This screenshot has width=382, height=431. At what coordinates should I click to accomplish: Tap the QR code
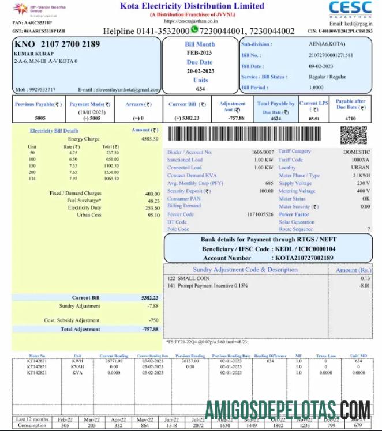pos(353,135)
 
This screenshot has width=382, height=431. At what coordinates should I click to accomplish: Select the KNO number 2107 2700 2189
pos(57,44)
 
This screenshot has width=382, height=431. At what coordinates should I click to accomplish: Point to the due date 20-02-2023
pos(200,71)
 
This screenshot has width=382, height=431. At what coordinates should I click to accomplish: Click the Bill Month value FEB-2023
pos(200,52)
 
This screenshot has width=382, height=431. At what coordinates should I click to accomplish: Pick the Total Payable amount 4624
pos(276,118)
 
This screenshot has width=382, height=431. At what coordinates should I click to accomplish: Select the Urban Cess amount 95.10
pos(153,215)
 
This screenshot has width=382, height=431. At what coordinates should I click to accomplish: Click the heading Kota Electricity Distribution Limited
pos(192,6)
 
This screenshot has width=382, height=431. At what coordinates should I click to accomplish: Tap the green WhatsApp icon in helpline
pos(194,29)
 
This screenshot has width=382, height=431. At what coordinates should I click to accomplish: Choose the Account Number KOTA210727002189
pos(304,258)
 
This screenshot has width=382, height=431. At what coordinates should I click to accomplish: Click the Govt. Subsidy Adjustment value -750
pos(153,320)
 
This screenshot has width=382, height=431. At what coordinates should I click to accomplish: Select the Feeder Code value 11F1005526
pos(260,214)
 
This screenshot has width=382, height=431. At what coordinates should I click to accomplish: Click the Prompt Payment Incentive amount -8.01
pos(364,285)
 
